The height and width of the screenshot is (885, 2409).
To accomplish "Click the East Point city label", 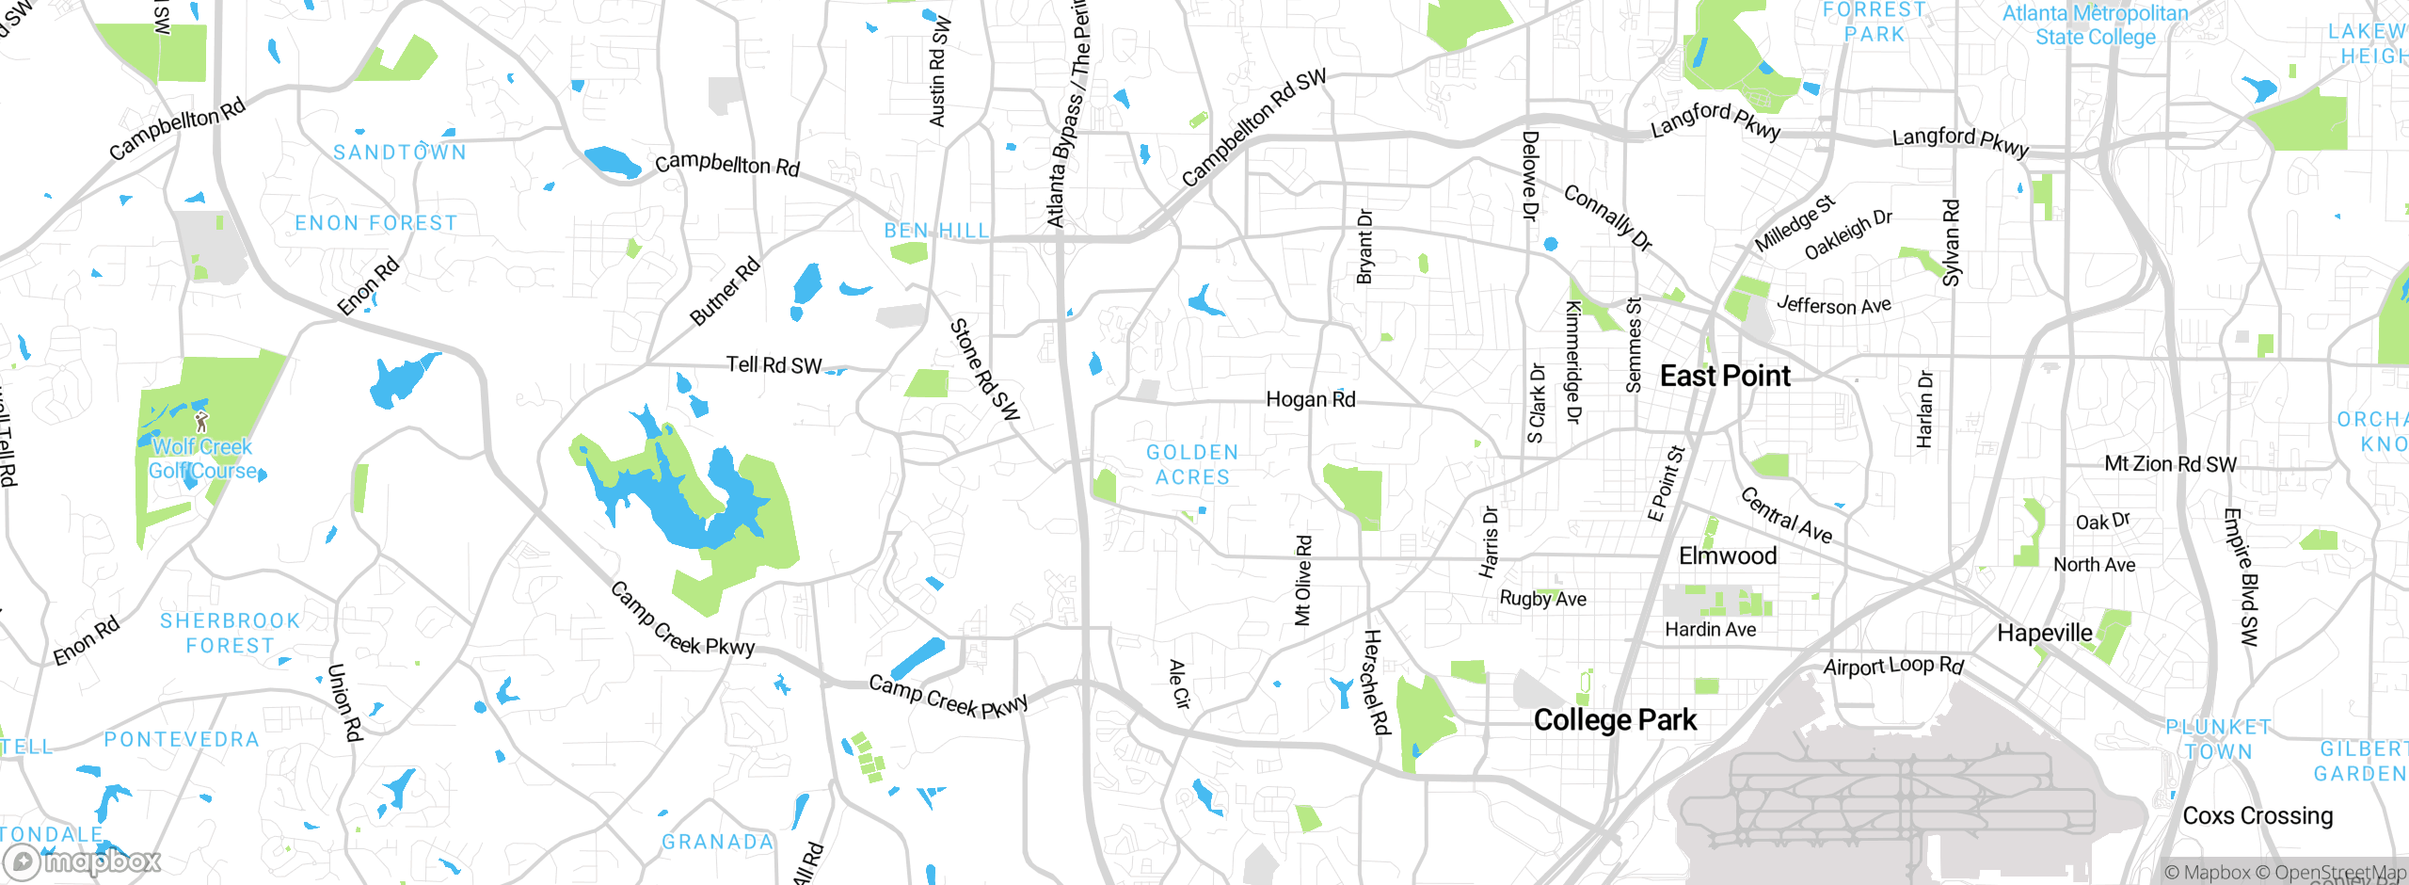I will pyautogui.click(x=1724, y=376).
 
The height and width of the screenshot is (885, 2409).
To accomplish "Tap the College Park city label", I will pyautogui.click(x=1615, y=720).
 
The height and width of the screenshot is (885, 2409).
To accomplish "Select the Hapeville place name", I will pyautogui.click(x=2044, y=633).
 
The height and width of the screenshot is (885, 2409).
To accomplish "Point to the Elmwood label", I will pyautogui.click(x=1728, y=555).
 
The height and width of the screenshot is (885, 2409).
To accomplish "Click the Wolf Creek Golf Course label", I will pyautogui.click(x=203, y=459).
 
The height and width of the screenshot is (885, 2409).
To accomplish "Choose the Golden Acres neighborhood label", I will pyautogui.click(x=1192, y=465).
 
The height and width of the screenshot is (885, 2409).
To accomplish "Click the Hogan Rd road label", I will pyautogui.click(x=1310, y=399).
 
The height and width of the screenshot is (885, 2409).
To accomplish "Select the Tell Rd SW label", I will pyautogui.click(x=774, y=364).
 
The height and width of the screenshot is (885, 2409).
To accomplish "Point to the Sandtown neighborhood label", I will pyautogui.click(x=400, y=153).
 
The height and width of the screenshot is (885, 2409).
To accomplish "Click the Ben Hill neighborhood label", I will pyautogui.click(x=936, y=231).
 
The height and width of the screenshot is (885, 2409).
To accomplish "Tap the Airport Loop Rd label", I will pyautogui.click(x=1893, y=666).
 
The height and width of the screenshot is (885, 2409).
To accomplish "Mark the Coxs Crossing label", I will pyautogui.click(x=2257, y=815).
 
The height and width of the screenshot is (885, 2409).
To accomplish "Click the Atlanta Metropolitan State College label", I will pyautogui.click(x=2095, y=25).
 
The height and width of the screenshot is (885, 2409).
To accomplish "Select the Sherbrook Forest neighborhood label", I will pyautogui.click(x=230, y=634).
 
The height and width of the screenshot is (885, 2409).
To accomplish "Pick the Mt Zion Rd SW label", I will pyautogui.click(x=2170, y=464).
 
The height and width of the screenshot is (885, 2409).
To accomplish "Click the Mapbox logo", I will pyautogui.click(x=83, y=861).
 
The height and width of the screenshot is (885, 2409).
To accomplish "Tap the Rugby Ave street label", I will pyautogui.click(x=1542, y=599).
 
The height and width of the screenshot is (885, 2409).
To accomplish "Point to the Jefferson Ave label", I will pyautogui.click(x=1833, y=305).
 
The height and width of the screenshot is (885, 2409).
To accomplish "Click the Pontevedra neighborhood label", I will pyautogui.click(x=182, y=740).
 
